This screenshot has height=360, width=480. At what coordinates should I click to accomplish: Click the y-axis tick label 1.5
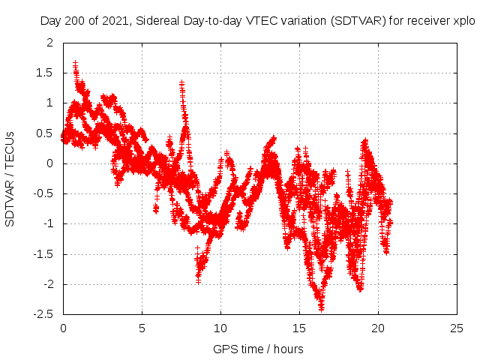point(46,73)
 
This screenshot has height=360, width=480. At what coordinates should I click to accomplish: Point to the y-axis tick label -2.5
point(45,314)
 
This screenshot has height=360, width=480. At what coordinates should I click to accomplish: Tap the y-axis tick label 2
point(51,43)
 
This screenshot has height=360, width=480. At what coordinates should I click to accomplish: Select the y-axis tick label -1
point(49,223)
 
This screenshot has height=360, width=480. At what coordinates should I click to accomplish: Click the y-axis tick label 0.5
point(46,133)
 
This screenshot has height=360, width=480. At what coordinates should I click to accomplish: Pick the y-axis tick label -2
point(49,284)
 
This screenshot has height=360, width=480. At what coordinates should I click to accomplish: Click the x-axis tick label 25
point(457,328)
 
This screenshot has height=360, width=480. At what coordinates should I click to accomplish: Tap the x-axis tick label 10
point(220,328)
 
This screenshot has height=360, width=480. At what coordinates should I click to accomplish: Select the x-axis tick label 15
point(299,328)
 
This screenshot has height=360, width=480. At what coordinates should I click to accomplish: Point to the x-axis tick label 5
point(142,328)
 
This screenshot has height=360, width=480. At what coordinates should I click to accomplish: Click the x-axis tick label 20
point(378,328)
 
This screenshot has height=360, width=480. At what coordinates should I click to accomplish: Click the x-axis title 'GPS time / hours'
point(258,349)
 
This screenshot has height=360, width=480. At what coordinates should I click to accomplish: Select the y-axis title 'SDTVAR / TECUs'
point(10,178)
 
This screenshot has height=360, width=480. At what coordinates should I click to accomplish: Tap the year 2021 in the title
point(108,21)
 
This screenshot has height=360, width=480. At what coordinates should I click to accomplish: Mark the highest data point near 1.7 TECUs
point(75,63)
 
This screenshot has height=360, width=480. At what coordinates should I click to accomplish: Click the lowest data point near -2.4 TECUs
point(321,307)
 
